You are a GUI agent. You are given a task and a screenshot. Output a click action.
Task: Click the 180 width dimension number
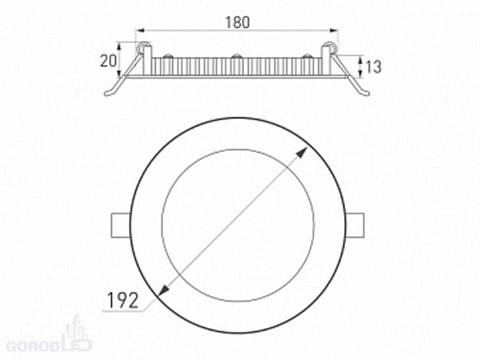[x=237, y=22]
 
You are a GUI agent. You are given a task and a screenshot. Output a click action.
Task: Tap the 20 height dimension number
[x=109, y=61]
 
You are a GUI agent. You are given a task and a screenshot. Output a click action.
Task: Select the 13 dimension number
[x=373, y=67]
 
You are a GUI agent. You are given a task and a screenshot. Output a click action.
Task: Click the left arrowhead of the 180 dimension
[x=140, y=31]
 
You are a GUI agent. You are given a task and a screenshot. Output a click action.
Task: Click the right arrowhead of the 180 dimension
[x=334, y=31]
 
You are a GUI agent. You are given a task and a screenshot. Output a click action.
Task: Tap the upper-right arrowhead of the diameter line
[x=303, y=152]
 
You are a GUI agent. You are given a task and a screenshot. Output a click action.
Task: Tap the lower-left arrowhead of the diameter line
[x=164, y=291]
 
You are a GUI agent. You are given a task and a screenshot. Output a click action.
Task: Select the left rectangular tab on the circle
[x=121, y=225]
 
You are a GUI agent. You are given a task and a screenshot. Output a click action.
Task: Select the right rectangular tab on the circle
[x=355, y=225]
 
